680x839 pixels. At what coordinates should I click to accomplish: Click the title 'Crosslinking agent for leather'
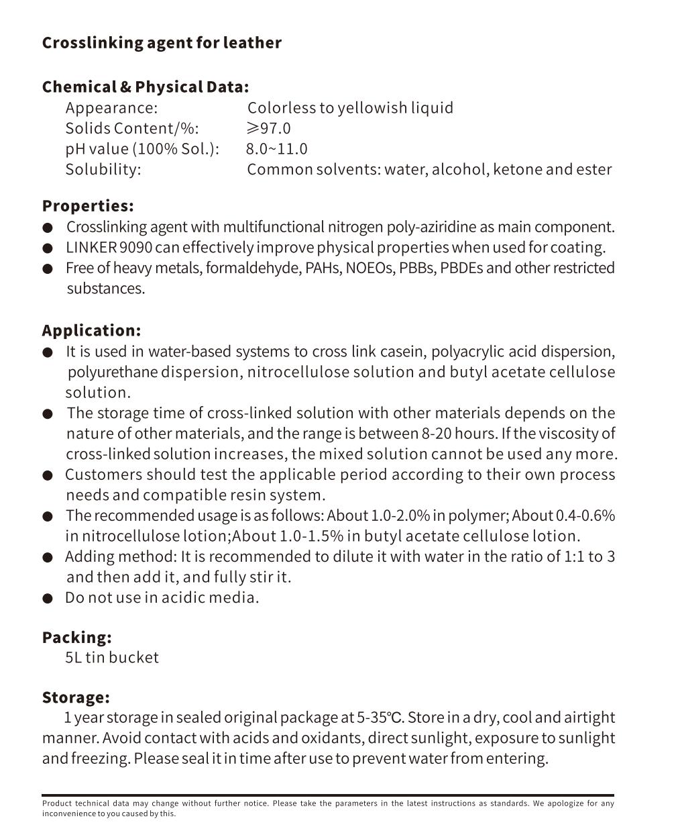pyautogui.click(x=162, y=43)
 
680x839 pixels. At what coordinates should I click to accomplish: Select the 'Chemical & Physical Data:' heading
pyautogui.click(x=145, y=87)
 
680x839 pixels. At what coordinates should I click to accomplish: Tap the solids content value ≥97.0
pyautogui.click(x=268, y=128)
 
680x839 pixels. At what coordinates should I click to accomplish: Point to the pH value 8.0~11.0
pyautogui.click(x=276, y=149)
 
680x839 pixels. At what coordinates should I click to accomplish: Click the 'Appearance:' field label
pyautogui.click(x=111, y=108)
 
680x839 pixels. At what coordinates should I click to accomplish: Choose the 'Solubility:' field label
pyautogui.click(x=103, y=169)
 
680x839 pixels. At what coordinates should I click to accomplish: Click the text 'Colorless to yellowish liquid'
pyautogui.click(x=350, y=108)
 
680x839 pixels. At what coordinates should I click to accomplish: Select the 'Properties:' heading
pyautogui.click(x=88, y=205)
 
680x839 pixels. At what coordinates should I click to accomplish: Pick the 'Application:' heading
pyautogui.click(x=91, y=330)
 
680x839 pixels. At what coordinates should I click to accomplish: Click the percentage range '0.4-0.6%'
pyautogui.click(x=585, y=515)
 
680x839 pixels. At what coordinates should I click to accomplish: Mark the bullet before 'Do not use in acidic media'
pyautogui.click(x=48, y=598)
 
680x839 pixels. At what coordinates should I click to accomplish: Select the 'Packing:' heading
pyautogui.click(x=76, y=637)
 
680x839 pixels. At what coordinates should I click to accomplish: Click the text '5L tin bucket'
pyautogui.click(x=112, y=657)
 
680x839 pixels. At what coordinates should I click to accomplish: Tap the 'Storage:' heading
pyautogui.click(x=76, y=697)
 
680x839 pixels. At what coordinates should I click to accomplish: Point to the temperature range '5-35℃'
pyautogui.click(x=380, y=718)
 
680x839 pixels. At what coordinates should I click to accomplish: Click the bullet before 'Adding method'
pyautogui.click(x=48, y=557)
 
